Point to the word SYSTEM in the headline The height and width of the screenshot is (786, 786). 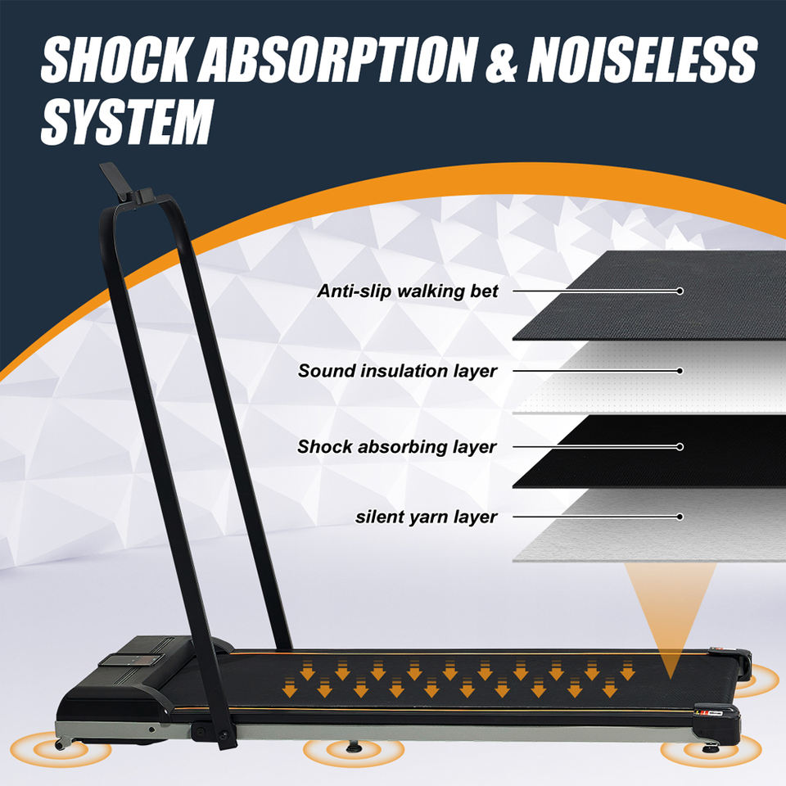[126, 122]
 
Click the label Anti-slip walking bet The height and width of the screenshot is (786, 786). [408, 291]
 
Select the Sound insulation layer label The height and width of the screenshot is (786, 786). [397, 371]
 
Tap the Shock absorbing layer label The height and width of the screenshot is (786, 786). [397, 447]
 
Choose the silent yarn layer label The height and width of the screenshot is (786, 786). [426, 517]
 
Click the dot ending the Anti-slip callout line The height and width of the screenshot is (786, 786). [680, 291]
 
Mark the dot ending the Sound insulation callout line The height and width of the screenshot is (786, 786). [680, 371]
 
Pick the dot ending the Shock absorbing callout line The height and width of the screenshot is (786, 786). [680, 447]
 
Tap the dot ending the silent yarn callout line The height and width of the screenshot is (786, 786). [680, 517]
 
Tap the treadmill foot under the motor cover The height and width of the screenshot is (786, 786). [63, 743]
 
